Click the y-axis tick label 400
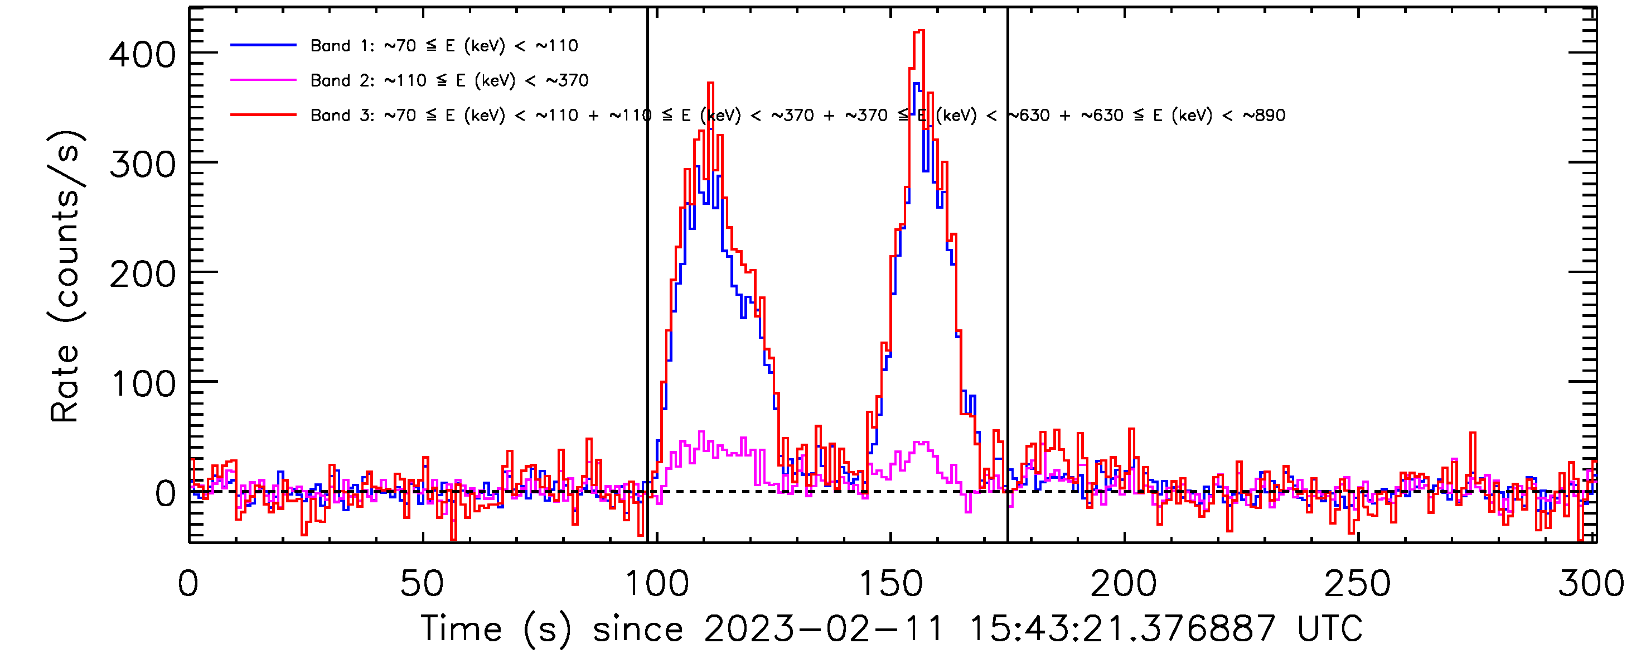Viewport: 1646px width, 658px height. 142,55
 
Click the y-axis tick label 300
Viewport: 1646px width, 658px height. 142,165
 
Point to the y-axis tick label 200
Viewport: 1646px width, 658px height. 142,275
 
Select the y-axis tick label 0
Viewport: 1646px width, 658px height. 165,494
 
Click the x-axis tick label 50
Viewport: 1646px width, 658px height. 421,584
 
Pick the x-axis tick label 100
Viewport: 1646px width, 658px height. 656,584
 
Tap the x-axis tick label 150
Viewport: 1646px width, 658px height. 890,584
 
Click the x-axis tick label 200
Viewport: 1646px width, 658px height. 1124,584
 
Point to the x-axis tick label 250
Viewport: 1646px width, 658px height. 1357,584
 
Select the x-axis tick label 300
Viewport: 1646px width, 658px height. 1590,584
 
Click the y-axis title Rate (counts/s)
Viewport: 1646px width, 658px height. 65,276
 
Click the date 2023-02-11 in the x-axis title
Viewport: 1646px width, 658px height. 824,628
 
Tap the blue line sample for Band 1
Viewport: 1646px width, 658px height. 263,45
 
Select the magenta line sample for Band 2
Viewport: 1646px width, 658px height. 263,80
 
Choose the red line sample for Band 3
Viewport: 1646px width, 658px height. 263,115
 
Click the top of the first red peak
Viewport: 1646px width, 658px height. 710,83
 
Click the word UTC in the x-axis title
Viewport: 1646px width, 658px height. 1330,628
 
